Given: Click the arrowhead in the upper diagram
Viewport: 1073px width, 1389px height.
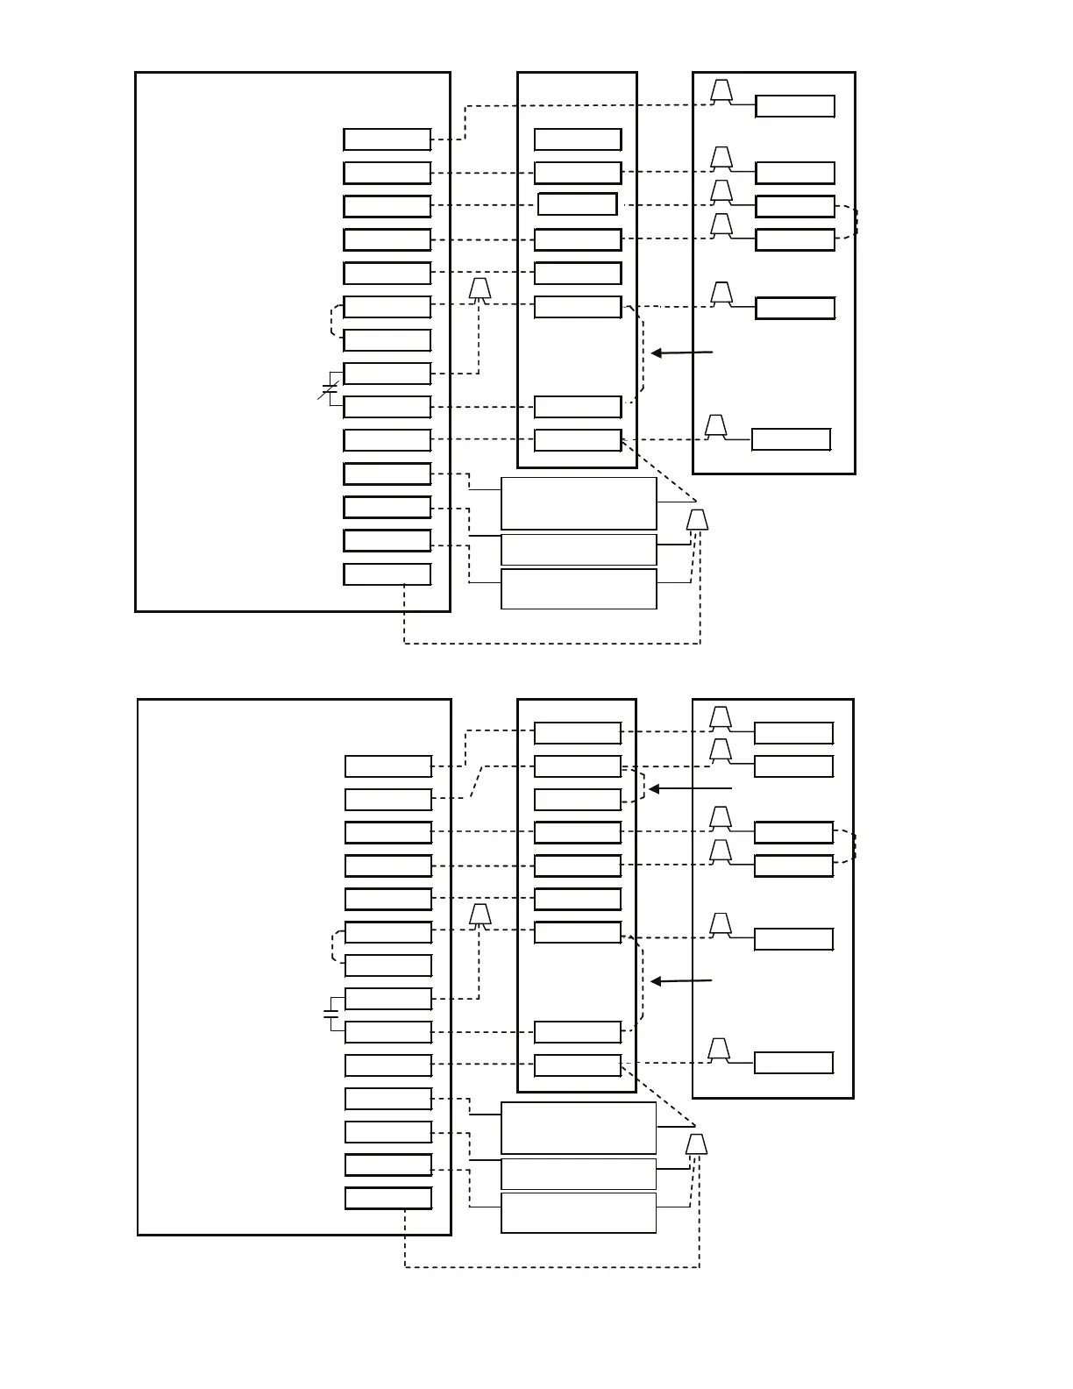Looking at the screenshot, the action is click(656, 353).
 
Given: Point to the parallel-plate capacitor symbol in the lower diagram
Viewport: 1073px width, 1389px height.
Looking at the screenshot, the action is click(330, 1015).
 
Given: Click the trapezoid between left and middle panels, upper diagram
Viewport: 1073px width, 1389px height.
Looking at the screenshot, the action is click(480, 289).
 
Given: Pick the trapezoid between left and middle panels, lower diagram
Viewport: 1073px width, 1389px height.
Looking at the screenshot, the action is click(480, 915).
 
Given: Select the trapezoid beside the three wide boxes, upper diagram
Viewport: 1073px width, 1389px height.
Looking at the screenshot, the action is click(697, 520).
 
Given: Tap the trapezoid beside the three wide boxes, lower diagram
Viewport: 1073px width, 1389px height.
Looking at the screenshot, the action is click(696, 1144).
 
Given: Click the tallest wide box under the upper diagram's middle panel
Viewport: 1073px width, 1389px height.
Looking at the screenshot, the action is click(579, 503).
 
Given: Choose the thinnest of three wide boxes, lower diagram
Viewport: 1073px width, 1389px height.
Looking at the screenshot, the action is click(579, 1173).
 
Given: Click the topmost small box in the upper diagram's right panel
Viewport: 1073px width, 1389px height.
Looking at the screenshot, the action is click(794, 107).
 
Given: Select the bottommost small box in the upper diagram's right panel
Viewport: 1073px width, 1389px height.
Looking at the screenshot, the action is click(791, 439).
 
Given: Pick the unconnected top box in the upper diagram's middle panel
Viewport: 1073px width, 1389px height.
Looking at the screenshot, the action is click(578, 139).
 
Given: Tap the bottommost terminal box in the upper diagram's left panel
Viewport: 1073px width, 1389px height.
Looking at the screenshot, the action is click(387, 574).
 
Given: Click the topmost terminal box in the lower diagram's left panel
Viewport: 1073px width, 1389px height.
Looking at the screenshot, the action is click(387, 766).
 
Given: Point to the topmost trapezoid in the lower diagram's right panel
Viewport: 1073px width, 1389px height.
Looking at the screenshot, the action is click(721, 718).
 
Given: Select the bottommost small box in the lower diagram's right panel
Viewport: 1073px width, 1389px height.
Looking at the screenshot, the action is click(793, 1063).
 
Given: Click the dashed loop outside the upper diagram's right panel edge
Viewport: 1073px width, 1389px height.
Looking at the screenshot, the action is click(855, 222).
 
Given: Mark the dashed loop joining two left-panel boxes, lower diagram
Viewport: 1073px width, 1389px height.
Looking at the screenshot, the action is click(334, 947).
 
